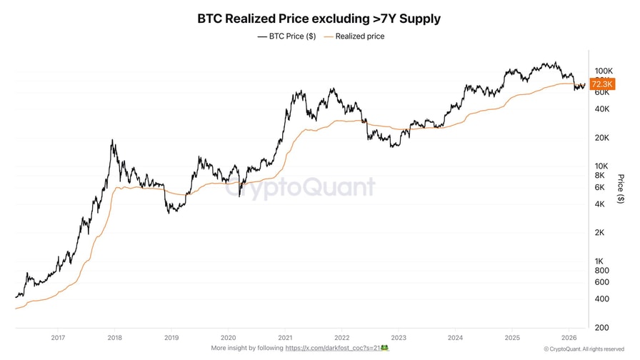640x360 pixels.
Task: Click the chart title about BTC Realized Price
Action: (319, 19)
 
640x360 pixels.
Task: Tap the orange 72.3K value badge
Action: (599, 84)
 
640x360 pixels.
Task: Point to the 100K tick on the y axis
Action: (604, 71)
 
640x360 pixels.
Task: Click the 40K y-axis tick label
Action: (601, 109)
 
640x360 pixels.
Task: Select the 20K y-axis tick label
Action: (601, 137)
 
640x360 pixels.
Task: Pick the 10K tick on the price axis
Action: (601, 166)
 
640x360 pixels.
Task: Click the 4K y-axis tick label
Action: (599, 204)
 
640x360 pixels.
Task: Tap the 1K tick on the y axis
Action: (599, 261)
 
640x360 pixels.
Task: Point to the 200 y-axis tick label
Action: (601, 327)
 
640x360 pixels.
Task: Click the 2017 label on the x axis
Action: (58, 337)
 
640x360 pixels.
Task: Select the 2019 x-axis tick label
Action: (171, 337)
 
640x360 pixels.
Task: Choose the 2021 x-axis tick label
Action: (285, 337)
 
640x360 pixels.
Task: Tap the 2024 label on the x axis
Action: (455, 337)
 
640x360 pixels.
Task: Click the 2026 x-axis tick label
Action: (569, 337)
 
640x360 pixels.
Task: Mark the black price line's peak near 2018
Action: (113, 141)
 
